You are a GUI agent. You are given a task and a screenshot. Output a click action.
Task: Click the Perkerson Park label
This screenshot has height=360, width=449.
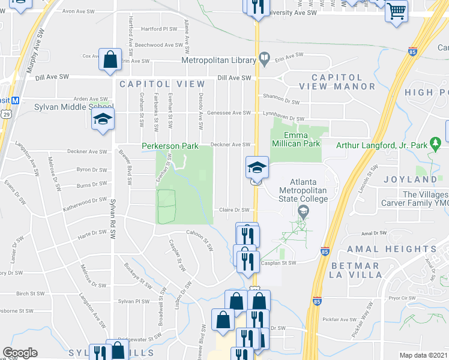tap(169, 146)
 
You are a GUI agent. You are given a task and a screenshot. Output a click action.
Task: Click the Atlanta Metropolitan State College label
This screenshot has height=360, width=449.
tap(303, 191)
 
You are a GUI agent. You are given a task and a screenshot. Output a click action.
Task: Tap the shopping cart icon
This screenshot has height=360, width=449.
tap(396, 10)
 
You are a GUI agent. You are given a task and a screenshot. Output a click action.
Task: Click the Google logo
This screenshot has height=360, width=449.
tap(20, 353)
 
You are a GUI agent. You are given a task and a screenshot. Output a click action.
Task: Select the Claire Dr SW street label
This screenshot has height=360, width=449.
tap(234, 209)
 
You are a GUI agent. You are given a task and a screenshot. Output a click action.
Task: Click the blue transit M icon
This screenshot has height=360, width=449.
tap(16, 100)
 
